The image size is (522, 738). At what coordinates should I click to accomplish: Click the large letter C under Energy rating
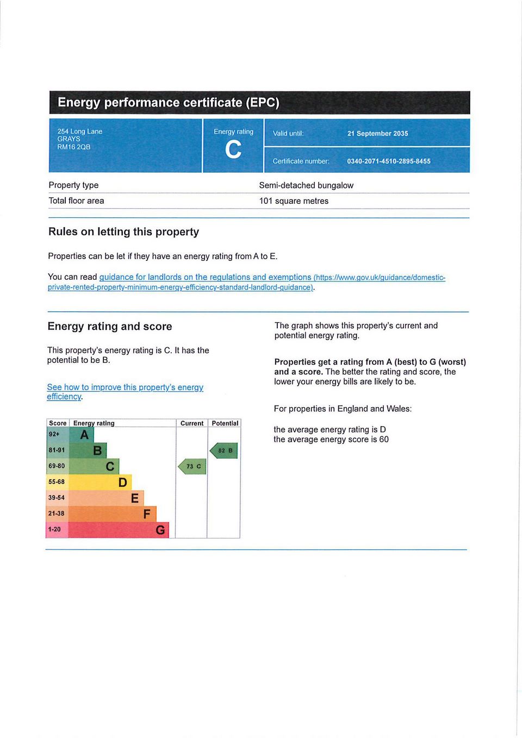coord(233,149)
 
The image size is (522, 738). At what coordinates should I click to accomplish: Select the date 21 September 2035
coord(377,134)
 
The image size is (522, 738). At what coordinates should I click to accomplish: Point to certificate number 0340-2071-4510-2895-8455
coord(388,161)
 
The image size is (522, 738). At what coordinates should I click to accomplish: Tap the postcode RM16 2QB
coord(74,147)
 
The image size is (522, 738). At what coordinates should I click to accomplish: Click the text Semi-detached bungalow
coord(306,185)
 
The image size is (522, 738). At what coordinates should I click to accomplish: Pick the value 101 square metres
coord(294,201)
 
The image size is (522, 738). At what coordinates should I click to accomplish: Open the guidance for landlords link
coord(205,277)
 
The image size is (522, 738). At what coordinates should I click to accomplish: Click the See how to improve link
coord(125,387)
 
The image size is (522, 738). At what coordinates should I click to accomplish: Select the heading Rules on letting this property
coord(123,232)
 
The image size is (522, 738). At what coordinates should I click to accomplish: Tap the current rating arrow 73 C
coord(192,466)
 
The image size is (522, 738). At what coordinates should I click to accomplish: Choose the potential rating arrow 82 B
coord(224,451)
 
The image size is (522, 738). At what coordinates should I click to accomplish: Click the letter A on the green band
coord(84,435)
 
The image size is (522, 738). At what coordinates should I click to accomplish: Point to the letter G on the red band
coord(160,530)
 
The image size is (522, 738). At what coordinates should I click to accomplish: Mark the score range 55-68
coord(57,482)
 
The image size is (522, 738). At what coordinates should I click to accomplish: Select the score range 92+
coord(54,434)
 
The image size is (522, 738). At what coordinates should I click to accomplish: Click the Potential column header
coord(225,423)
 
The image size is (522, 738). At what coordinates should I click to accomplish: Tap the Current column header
coord(192,423)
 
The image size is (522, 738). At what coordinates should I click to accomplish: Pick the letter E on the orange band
coord(135,498)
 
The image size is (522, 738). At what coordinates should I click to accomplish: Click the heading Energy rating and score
coord(110,327)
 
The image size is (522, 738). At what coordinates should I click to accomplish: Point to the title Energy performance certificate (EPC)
coord(169,103)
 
